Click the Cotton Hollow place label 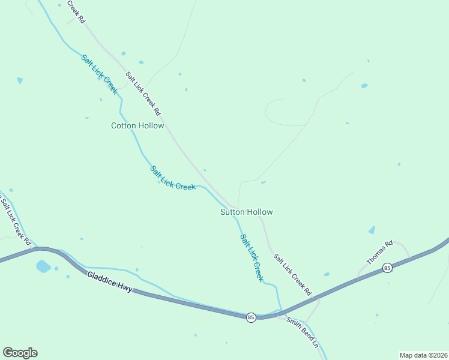137,125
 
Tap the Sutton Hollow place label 246,212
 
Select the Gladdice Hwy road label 109,283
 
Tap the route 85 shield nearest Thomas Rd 388,268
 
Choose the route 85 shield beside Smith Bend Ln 250,317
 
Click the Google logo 20,353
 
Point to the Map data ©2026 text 423,355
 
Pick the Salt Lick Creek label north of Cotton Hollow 99,74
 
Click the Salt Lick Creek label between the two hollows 173,179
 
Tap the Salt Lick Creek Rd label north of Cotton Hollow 143,94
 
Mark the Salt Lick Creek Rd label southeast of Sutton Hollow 293,275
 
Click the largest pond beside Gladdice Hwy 43,266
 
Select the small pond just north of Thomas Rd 372,230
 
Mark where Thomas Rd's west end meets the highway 359,277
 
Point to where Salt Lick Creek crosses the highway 281,313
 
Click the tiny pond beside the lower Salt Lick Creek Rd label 327,274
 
